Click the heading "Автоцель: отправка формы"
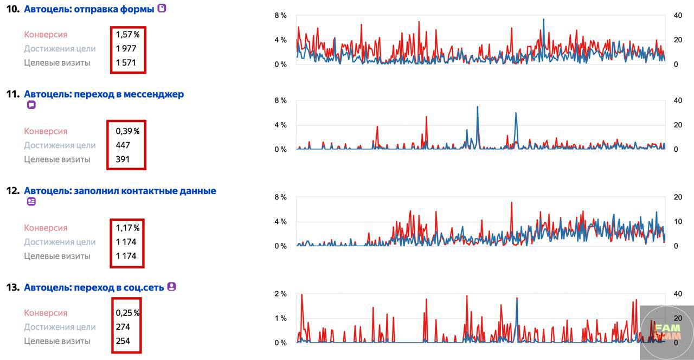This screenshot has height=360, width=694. [x=89, y=9]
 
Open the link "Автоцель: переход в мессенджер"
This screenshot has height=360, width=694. [x=104, y=94]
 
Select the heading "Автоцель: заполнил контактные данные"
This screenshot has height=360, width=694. [x=120, y=191]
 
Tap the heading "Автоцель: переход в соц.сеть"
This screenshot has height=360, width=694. [x=94, y=287]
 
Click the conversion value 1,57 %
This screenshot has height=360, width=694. [x=127, y=35]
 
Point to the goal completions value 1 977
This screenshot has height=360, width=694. [x=126, y=49]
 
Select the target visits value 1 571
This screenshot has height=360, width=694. [x=126, y=63]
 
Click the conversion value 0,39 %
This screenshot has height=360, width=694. [x=127, y=131]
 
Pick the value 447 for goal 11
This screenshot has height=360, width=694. [x=123, y=145]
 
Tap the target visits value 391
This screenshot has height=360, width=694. [x=123, y=159]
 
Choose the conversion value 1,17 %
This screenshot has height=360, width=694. [x=127, y=228]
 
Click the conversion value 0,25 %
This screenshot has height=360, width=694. [x=127, y=313]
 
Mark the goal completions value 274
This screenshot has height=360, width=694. [x=123, y=327]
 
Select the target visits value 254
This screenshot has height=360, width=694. [x=123, y=341]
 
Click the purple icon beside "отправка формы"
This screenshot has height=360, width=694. [x=162, y=9]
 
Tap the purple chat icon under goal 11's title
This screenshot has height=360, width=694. [x=31, y=105]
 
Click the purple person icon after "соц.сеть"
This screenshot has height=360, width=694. [x=171, y=287]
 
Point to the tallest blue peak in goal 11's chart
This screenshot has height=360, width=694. [x=477, y=107]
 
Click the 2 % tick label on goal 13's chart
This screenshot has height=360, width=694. [x=280, y=294]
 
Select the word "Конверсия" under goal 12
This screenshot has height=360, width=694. [x=46, y=228]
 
